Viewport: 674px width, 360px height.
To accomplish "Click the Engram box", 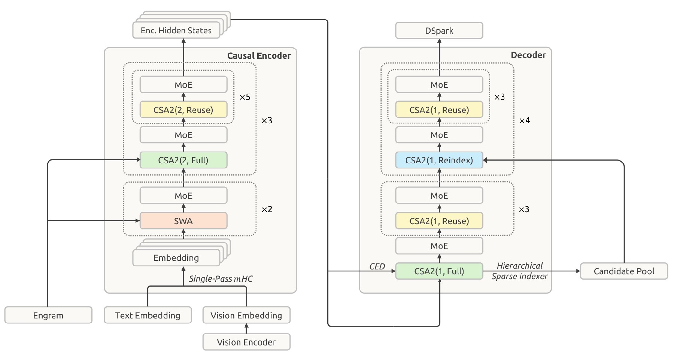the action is (x=48, y=315).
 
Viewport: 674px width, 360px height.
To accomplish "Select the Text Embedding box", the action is (x=148, y=315).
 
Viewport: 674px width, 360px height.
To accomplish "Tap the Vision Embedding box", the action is (x=246, y=315).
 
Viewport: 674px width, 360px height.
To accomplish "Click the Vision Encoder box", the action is (x=246, y=342).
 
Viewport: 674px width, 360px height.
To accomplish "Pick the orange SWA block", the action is (x=183, y=221).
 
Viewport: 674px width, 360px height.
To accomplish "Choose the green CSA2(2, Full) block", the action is (x=183, y=160).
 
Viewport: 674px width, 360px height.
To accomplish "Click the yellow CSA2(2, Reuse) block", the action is (x=183, y=110).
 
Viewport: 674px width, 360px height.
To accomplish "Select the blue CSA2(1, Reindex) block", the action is (x=439, y=160).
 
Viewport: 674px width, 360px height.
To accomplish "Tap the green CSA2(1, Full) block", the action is (x=439, y=271).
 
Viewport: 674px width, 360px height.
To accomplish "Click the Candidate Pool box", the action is (x=624, y=271).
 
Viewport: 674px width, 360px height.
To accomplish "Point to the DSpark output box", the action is (x=439, y=30).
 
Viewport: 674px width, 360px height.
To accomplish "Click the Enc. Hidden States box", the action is (x=176, y=30).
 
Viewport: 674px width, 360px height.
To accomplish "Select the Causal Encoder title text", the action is (x=259, y=56).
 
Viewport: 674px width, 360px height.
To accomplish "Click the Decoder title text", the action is (x=528, y=55).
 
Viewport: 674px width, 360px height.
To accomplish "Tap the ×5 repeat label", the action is (x=245, y=97).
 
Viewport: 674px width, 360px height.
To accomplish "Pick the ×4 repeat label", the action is (x=525, y=120).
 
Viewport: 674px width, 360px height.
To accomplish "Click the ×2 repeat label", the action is (x=267, y=209).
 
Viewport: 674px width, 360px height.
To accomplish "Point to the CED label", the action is (x=377, y=266).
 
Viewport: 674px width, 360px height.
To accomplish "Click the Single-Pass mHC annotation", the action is (x=221, y=279).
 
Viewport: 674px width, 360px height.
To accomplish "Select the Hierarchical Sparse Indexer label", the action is (x=520, y=271).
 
